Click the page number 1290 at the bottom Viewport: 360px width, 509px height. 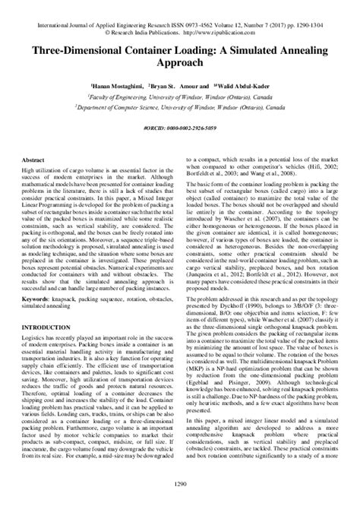pyautogui.click(x=180, y=501)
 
